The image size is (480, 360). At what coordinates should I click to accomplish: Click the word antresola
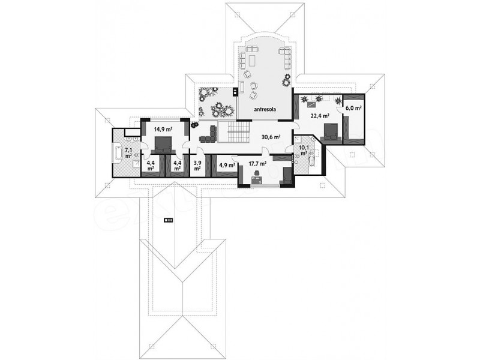265,109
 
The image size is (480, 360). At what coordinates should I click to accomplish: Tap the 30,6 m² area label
271,137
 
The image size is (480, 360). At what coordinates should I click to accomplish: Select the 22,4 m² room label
320,116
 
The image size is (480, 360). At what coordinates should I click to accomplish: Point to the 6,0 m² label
354,108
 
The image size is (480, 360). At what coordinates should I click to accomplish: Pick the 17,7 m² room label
257,163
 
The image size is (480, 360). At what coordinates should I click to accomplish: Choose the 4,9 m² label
227,166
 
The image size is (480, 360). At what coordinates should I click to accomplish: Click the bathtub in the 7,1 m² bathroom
118,154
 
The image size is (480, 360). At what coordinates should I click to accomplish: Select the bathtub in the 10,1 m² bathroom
312,157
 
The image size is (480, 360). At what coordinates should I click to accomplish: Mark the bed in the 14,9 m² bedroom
163,145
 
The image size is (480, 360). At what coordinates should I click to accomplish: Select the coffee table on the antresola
253,61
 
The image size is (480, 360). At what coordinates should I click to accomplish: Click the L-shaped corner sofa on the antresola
286,58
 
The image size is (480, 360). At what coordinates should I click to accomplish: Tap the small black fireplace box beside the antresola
235,92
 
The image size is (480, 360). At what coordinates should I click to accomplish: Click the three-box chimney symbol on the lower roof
169,220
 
